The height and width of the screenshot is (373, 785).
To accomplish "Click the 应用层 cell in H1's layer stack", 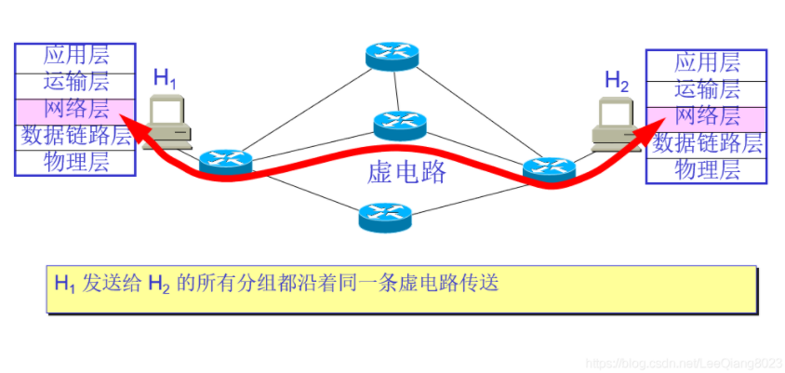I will click(75, 55).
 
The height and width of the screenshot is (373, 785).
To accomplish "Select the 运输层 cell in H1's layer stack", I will click(75, 82).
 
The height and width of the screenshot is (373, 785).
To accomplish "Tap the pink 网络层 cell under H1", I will click(75, 108).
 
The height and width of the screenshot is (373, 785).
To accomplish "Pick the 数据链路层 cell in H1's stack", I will click(75, 135).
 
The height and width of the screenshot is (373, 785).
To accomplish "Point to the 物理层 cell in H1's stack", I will click(75, 162).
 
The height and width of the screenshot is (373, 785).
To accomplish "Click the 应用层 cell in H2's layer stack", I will click(707, 63).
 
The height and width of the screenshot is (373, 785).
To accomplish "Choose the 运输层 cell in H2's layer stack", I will click(707, 90).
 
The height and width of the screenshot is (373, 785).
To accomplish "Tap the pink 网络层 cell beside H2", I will click(707, 117).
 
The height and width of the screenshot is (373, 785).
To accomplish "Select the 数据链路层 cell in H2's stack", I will click(707, 143).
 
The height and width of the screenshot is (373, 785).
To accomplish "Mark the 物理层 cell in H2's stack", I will click(707, 170).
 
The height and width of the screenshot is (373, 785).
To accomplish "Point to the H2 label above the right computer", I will click(617, 81).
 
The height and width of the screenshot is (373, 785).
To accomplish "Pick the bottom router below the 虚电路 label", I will click(384, 218).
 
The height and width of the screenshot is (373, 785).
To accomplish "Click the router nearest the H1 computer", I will click(225, 161).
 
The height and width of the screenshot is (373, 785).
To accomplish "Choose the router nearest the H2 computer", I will click(549, 168).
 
